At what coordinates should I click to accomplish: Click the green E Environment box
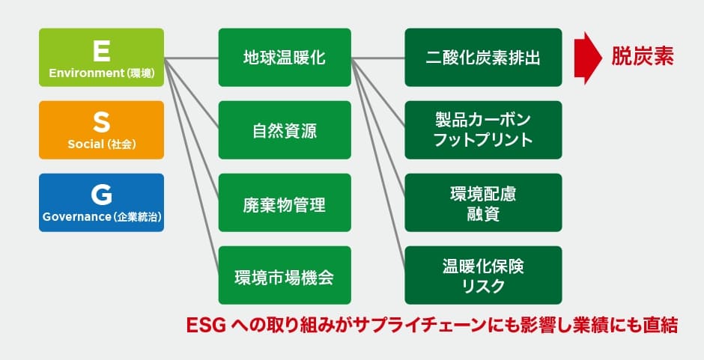(101, 57)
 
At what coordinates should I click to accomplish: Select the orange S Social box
(101, 129)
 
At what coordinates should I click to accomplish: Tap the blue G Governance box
(101, 202)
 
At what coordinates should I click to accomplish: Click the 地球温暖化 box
(285, 57)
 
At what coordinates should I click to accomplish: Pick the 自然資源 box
(285, 129)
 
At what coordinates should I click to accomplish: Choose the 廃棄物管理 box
(285, 202)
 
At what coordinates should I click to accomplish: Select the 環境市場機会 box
(285, 275)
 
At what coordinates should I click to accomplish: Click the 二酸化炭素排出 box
(483, 57)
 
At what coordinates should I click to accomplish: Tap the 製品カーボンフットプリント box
(483, 129)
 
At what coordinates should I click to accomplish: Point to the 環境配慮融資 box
(483, 202)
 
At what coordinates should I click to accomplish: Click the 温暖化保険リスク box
(483, 275)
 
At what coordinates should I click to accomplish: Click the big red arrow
(588, 57)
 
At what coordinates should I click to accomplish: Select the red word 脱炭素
(642, 57)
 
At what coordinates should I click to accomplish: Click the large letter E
(101, 49)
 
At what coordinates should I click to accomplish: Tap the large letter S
(101, 122)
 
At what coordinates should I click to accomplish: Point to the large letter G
(101, 194)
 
